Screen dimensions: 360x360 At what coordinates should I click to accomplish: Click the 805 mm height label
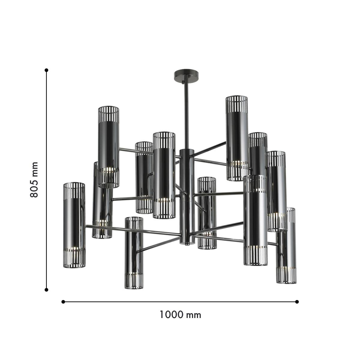click(x=34, y=180)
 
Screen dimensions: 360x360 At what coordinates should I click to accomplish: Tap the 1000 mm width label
click(x=180, y=315)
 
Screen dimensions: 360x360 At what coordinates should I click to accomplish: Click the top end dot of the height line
click(x=46, y=70)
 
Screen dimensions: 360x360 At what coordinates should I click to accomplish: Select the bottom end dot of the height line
click(x=46, y=289)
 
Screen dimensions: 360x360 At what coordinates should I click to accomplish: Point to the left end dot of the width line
click(x=63, y=301)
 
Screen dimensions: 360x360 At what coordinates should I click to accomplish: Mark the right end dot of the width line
click(x=297, y=301)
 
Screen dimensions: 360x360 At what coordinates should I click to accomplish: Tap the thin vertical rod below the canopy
click(x=186, y=114)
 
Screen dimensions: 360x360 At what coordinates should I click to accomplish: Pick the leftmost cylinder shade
click(x=74, y=225)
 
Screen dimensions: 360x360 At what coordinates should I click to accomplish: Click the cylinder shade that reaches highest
click(x=237, y=138)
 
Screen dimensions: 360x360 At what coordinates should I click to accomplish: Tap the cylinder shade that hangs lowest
click(x=134, y=253)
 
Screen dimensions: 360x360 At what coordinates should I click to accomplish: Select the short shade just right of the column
click(x=207, y=213)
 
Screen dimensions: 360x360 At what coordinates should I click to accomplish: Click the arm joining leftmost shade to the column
click(x=132, y=229)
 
